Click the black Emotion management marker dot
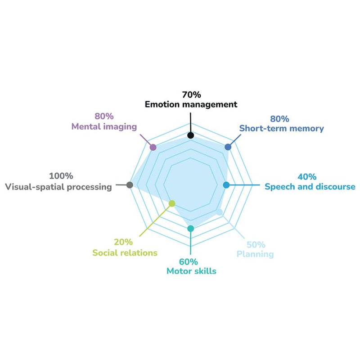(191, 135)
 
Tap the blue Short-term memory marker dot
(228, 147)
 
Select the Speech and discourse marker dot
(227, 184)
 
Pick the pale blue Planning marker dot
(220, 212)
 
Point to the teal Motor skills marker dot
(191, 229)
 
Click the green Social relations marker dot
(171, 204)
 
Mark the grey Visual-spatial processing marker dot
(130, 184)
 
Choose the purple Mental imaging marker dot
(153, 147)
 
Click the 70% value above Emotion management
(191, 95)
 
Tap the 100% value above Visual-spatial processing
(61, 176)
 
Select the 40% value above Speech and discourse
(307, 177)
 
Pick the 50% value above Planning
(256, 245)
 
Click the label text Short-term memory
(281, 129)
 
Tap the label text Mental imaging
(104, 127)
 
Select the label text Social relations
(125, 253)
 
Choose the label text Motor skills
(191, 271)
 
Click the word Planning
(255, 255)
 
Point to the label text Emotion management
(191, 105)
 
